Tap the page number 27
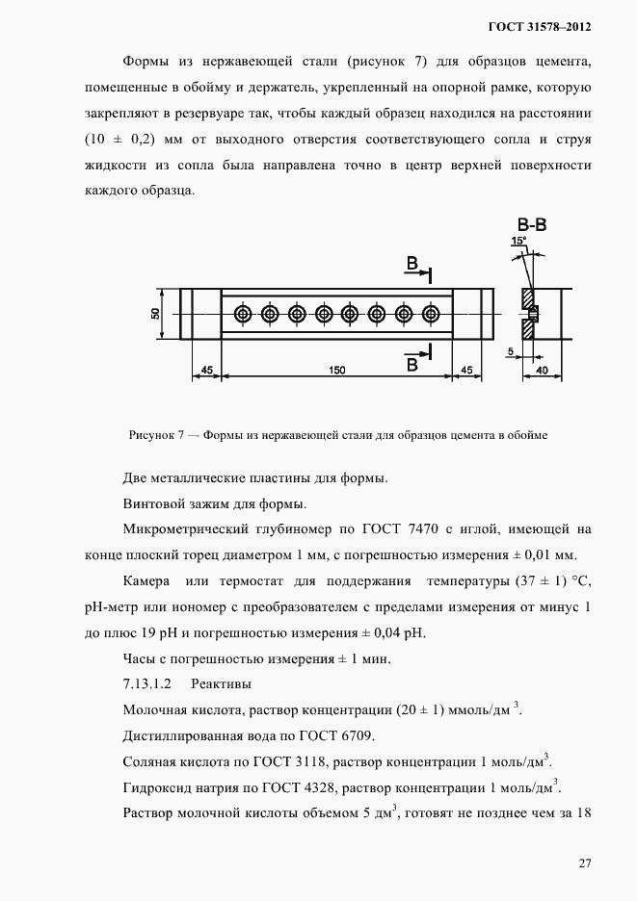tap(584, 862)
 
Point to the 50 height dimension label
tap(155, 314)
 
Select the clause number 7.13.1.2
tap(147, 684)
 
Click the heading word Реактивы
tap(221, 684)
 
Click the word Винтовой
tap(152, 503)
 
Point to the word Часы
tap(140, 658)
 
